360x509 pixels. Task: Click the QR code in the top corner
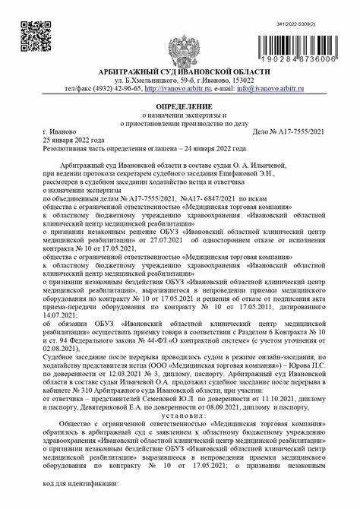pos(32,35)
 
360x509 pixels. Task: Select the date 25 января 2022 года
pos(74,140)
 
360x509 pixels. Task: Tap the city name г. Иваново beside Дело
pos(59,131)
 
